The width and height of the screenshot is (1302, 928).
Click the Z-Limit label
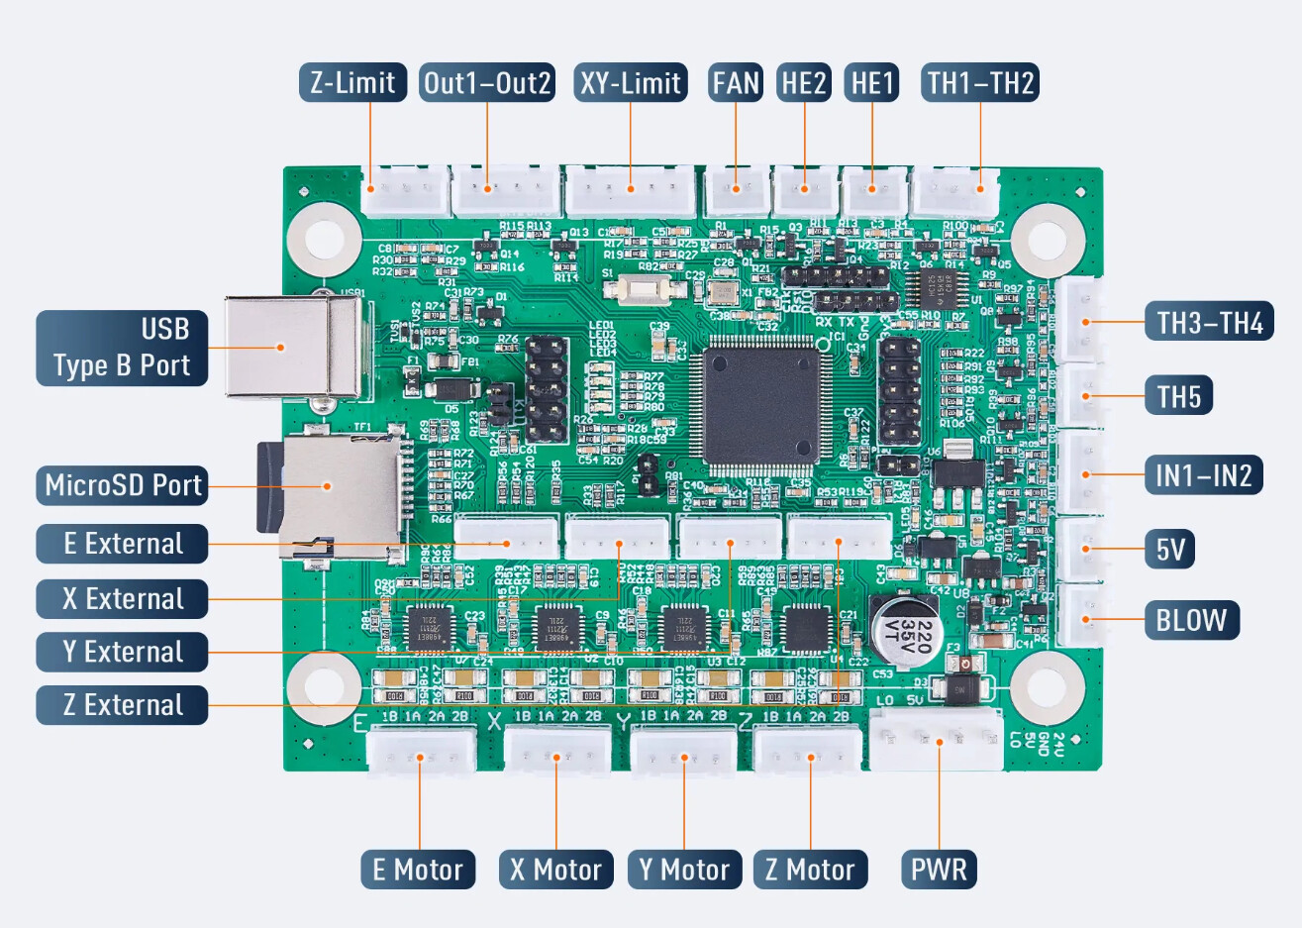click(x=352, y=83)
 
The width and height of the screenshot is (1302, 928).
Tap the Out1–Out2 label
click(x=486, y=83)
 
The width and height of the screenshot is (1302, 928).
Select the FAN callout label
click(x=736, y=83)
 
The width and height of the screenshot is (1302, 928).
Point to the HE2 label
click(x=804, y=83)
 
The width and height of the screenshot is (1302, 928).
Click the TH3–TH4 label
click(x=1209, y=323)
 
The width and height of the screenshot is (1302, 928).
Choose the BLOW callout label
click(x=1191, y=620)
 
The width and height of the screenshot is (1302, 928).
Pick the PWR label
click(x=939, y=870)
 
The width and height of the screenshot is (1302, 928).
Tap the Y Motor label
click(x=684, y=870)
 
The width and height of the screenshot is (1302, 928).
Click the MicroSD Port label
click(x=123, y=485)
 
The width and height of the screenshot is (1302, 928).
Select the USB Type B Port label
click(x=123, y=348)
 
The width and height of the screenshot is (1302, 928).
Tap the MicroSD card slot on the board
click(x=337, y=490)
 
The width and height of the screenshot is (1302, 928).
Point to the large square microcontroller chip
click(x=761, y=407)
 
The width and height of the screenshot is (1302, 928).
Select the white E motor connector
click(x=421, y=750)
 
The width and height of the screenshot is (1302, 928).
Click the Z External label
click(x=123, y=705)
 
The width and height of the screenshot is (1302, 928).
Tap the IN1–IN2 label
click(x=1203, y=475)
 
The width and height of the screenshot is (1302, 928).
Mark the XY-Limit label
click(x=631, y=83)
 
